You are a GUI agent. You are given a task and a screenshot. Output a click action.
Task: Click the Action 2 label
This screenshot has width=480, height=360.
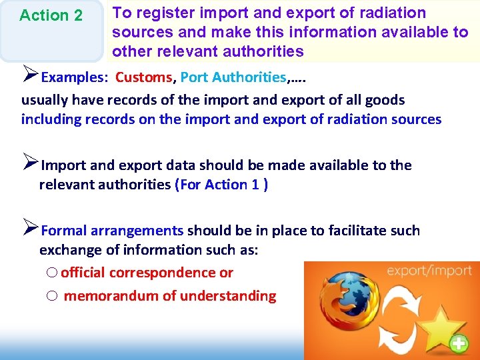pos(51,15)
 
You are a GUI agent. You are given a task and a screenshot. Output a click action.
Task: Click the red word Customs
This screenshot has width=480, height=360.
pos(143,77)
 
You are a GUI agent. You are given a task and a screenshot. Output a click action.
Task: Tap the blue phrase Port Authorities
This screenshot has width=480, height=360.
pos(233,77)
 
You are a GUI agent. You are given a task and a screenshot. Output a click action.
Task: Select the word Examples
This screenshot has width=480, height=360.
pos(73,77)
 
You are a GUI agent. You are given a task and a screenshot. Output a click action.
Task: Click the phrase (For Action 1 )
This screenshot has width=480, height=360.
pos(221,185)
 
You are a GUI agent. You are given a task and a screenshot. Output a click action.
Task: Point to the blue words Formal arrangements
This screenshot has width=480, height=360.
pos(112,231)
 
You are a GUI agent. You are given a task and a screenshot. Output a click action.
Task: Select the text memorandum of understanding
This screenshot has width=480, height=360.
pos(169,296)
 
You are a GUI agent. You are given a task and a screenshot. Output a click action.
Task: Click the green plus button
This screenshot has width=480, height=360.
pos(459,343)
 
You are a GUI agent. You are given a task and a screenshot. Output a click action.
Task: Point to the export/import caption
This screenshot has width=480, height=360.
pos(429,271)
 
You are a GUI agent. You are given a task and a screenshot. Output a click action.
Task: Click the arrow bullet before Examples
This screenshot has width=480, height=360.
pos(30,75)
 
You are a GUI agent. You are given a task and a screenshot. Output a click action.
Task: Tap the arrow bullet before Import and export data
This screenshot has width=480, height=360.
pos(30,163)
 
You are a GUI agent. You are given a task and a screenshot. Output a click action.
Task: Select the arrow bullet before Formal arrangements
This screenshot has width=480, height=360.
pos(30,229)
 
